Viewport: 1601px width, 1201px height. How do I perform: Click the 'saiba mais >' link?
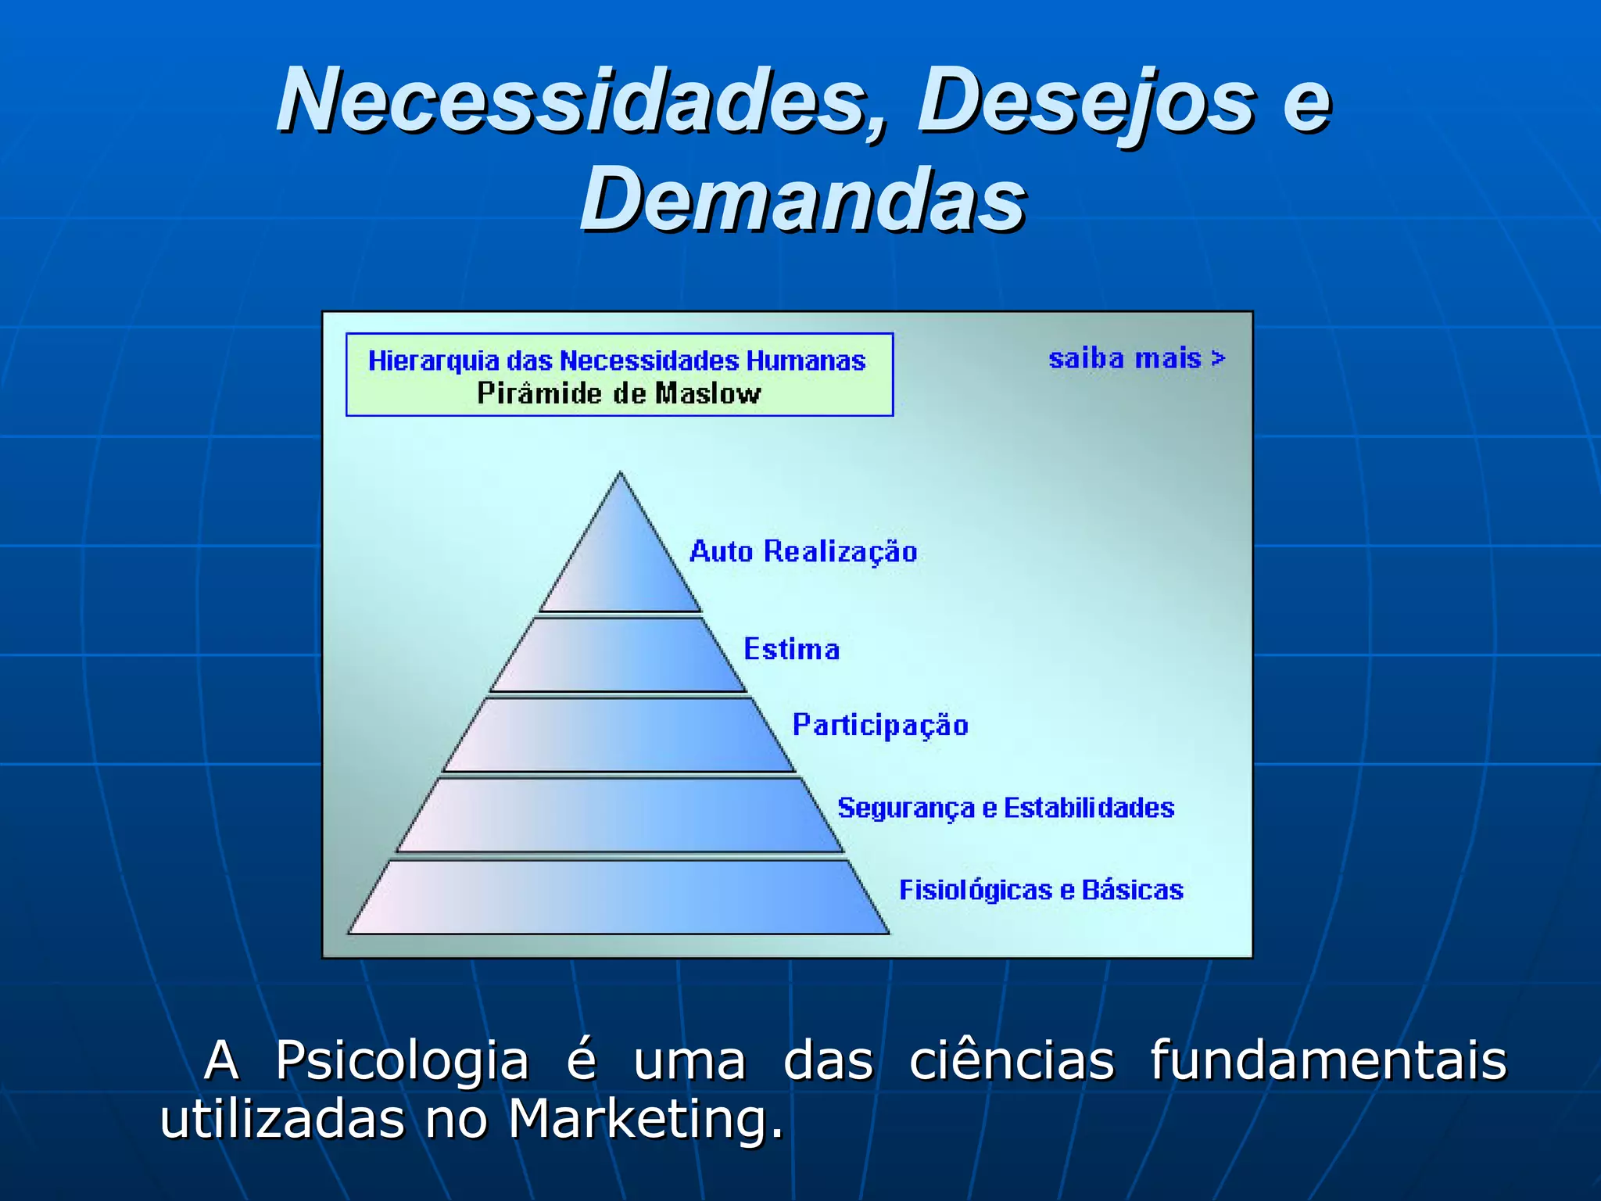pos(1137,359)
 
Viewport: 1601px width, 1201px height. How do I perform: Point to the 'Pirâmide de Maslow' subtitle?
pos(618,393)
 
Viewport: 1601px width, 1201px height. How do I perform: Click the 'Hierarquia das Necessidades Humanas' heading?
pos(617,360)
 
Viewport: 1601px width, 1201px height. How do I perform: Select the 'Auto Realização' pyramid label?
pos(803,552)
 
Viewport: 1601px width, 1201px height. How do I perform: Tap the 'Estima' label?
pos(791,650)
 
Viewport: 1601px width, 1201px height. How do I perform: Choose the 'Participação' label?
pos(880,726)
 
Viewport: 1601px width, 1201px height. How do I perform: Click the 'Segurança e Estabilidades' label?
pos(1005,808)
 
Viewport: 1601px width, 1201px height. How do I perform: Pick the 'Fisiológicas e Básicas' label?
pos(1040,890)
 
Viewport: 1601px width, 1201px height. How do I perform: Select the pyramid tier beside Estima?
pos(618,655)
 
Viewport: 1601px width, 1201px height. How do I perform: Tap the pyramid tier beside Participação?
pos(618,735)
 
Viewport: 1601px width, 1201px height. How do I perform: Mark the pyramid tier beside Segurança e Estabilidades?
pos(619,815)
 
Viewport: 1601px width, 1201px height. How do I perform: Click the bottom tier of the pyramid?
pos(619,897)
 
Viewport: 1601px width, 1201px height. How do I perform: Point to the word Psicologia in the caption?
pos(402,1062)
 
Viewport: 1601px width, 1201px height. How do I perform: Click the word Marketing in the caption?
pos(645,1120)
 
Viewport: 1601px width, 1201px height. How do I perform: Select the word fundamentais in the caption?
pos(1327,1060)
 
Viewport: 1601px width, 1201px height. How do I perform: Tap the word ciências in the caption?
pos(1012,1060)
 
